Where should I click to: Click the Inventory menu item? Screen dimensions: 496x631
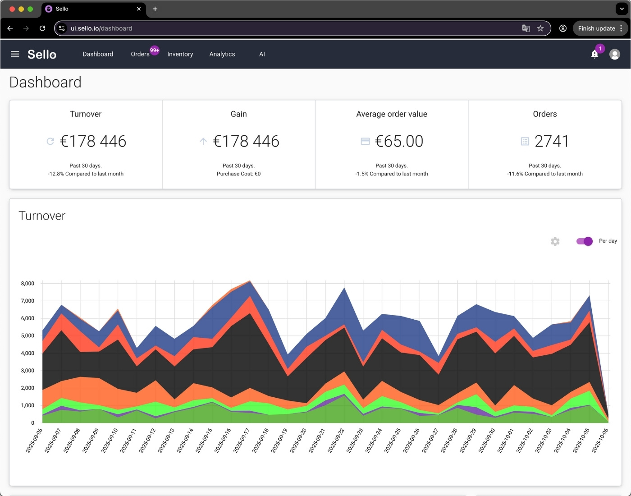point(180,54)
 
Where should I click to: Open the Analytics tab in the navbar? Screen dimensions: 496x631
point(222,54)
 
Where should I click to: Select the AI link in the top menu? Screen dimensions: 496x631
point(262,54)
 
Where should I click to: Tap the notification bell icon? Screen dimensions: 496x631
point(594,55)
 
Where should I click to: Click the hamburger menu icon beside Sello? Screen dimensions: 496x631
point(15,54)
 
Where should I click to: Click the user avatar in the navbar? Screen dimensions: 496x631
point(614,55)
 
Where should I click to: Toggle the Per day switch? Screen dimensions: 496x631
point(585,241)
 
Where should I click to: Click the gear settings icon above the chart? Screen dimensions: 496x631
point(555,242)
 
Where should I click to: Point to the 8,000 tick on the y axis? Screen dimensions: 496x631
point(27,284)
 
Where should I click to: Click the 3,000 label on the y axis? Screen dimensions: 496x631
point(27,371)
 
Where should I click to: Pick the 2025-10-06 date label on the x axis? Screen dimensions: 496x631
point(600,440)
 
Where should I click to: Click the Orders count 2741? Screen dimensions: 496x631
point(552,142)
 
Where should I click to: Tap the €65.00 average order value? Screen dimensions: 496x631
point(399,142)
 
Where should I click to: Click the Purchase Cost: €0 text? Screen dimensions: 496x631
point(238,174)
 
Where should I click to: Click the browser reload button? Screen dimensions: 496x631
point(42,28)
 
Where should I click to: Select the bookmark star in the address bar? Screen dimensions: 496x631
point(540,28)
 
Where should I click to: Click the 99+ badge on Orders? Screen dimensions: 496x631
point(155,51)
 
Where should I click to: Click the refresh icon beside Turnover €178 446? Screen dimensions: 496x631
point(50,142)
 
